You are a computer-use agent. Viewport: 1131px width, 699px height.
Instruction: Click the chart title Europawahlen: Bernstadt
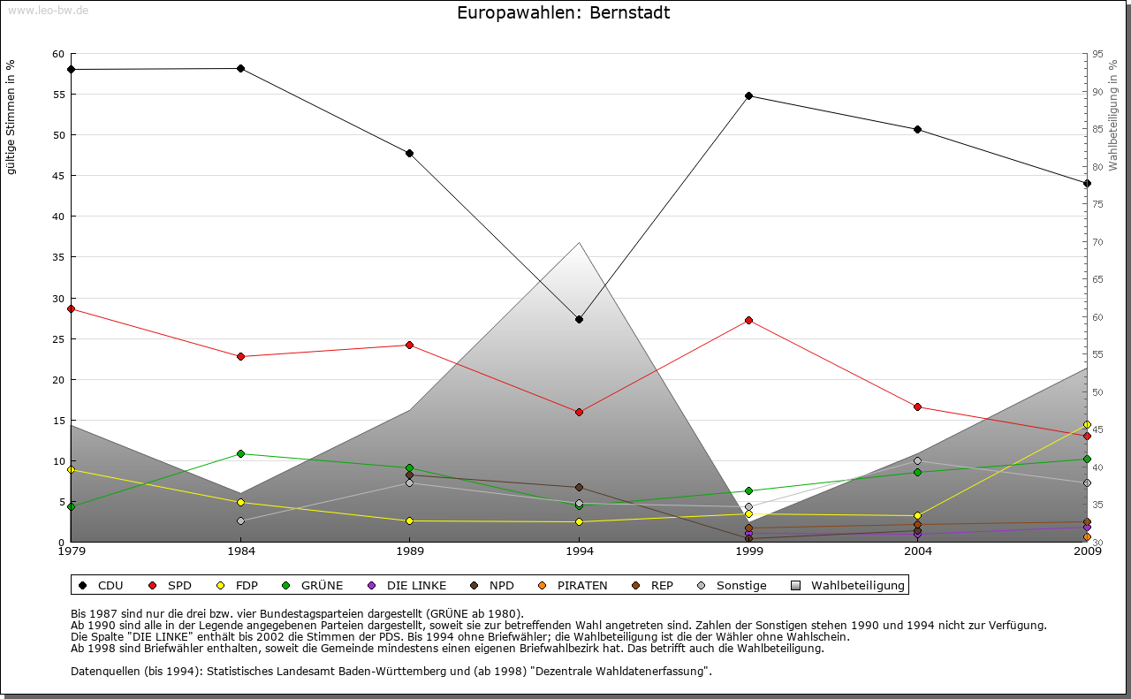564,13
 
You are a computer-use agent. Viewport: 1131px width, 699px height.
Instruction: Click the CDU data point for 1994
579,319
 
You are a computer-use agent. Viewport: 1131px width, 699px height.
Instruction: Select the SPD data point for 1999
748,320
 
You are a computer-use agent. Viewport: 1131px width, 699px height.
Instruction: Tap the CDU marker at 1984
240,68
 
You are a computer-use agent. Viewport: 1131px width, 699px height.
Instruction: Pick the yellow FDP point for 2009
1087,424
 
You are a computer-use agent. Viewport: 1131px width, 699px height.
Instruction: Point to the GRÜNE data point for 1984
240,453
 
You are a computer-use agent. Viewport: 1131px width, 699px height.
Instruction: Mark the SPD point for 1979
71,308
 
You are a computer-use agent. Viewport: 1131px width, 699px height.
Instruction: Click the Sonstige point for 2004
918,460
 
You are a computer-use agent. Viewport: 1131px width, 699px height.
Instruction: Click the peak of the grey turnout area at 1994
579,242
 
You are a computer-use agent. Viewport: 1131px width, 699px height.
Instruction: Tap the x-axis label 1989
410,552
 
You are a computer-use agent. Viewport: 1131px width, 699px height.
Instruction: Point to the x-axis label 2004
918,552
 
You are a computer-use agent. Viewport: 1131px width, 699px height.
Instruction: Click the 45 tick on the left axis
59,176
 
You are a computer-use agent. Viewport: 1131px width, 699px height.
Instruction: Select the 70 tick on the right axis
1097,242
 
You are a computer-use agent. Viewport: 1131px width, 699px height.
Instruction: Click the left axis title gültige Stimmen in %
11,117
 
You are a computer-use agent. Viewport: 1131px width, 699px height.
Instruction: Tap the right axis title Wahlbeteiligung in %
1113,115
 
